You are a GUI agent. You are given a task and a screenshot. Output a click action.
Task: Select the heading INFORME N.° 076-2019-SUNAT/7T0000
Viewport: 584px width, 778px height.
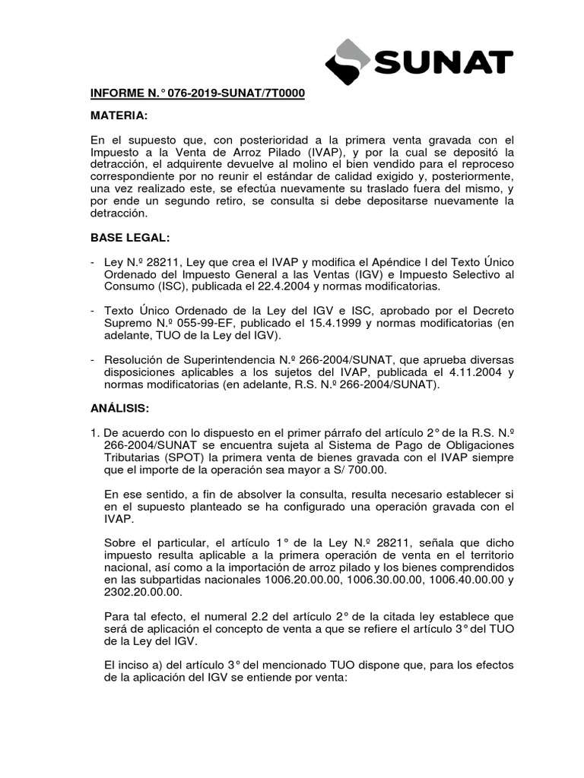coord(198,93)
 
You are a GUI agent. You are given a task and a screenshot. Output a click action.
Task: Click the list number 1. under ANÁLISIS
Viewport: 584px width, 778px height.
coord(95,433)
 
